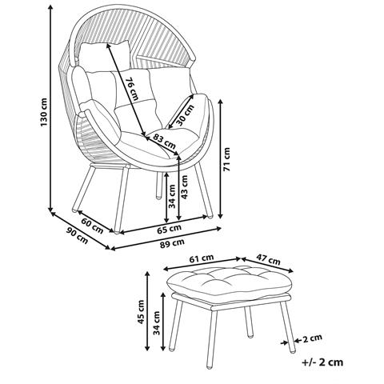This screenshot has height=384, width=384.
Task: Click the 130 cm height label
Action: [44, 112]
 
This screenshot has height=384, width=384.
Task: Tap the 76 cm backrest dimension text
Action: [132, 89]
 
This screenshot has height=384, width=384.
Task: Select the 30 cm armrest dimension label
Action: [185, 115]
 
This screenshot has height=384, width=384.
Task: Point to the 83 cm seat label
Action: [164, 142]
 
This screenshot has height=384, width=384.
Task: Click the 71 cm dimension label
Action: [226, 159]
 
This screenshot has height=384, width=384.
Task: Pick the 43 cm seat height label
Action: [184, 187]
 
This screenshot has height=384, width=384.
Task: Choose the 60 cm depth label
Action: [92, 226]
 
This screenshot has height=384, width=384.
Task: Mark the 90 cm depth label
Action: [77, 235]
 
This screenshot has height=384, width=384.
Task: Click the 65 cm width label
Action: [169, 229]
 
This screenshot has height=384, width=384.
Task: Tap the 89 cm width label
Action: [172, 243]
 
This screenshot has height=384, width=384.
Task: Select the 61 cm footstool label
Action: [202, 258]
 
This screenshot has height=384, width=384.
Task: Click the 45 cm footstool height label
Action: [141, 312]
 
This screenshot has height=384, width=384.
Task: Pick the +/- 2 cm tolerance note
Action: [322, 362]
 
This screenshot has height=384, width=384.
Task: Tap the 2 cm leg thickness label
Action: [313, 338]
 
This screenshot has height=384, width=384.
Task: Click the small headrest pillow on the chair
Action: [105, 57]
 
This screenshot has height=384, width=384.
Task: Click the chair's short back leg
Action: [158, 186]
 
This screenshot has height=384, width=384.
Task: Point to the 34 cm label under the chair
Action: [172, 196]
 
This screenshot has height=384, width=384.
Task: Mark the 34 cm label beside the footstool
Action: [157, 323]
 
